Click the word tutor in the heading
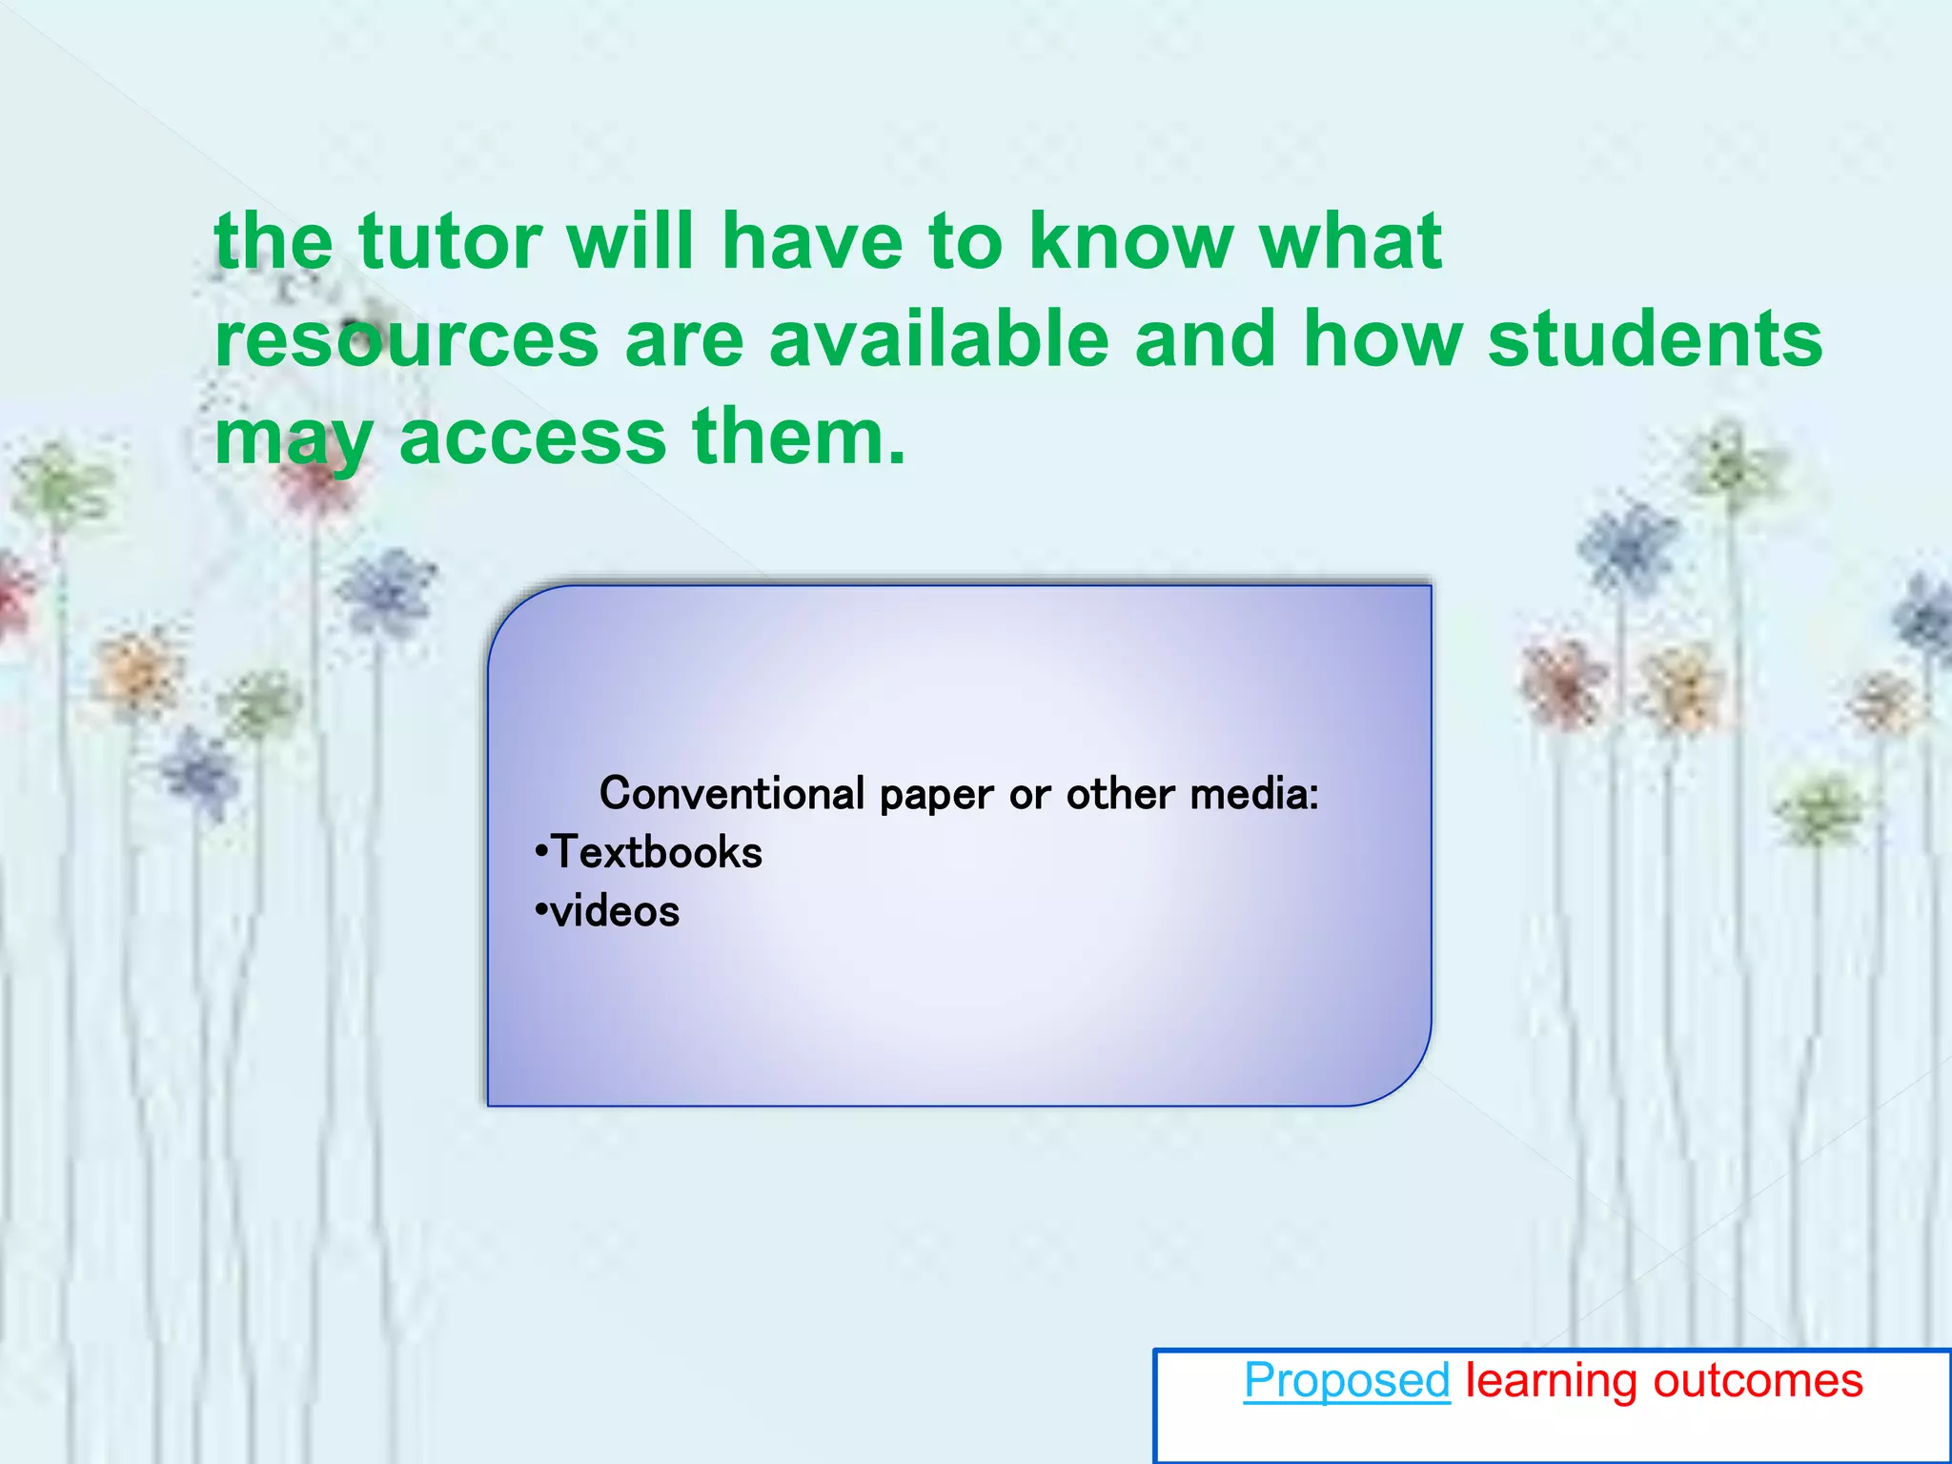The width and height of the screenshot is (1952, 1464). click(450, 242)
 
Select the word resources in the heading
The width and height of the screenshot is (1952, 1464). click(407, 340)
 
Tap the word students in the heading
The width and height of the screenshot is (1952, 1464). click(1656, 340)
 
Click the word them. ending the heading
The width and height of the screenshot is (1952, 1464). click(799, 437)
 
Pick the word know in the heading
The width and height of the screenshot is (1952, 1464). click(1130, 242)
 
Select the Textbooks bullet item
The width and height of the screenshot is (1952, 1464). click(657, 852)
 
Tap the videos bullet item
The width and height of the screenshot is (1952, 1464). click(615, 912)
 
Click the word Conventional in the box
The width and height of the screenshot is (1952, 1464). click(732, 794)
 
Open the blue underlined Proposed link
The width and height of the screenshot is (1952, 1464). click(1347, 1381)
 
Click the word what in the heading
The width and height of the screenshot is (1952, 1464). click(1350, 242)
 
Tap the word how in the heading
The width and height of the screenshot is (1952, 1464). click(1382, 340)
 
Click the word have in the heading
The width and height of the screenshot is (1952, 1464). click(811, 242)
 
